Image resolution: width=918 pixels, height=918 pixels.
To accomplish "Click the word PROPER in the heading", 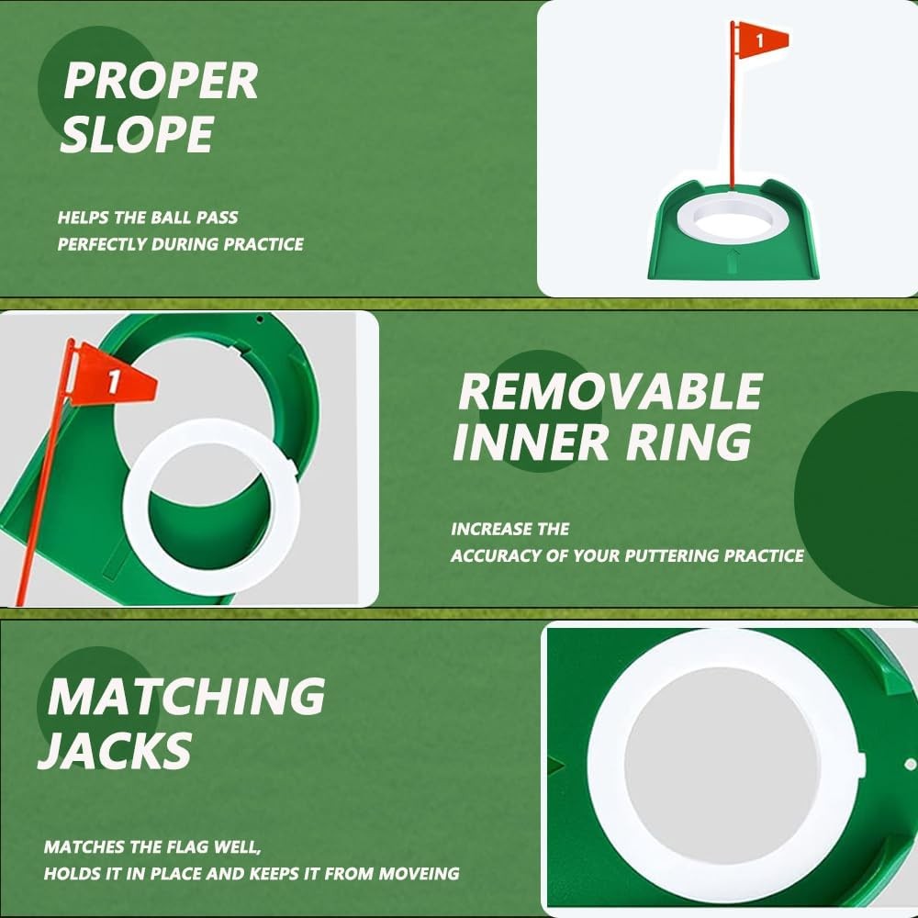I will click(160, 81).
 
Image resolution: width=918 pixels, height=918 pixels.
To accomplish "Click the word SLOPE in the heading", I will click(137, 135).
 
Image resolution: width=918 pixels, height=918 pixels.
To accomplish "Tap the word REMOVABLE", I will click(610, 392).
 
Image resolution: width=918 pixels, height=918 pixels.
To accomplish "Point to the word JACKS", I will click(116, 750).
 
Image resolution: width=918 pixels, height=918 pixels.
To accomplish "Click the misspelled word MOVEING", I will click(419, 873).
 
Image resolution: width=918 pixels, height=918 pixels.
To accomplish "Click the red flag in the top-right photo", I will click(762, 39).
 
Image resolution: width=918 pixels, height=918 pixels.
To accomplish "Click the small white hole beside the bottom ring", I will click(909, 763).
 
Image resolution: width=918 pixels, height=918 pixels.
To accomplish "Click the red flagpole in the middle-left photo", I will click(41, 496).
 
